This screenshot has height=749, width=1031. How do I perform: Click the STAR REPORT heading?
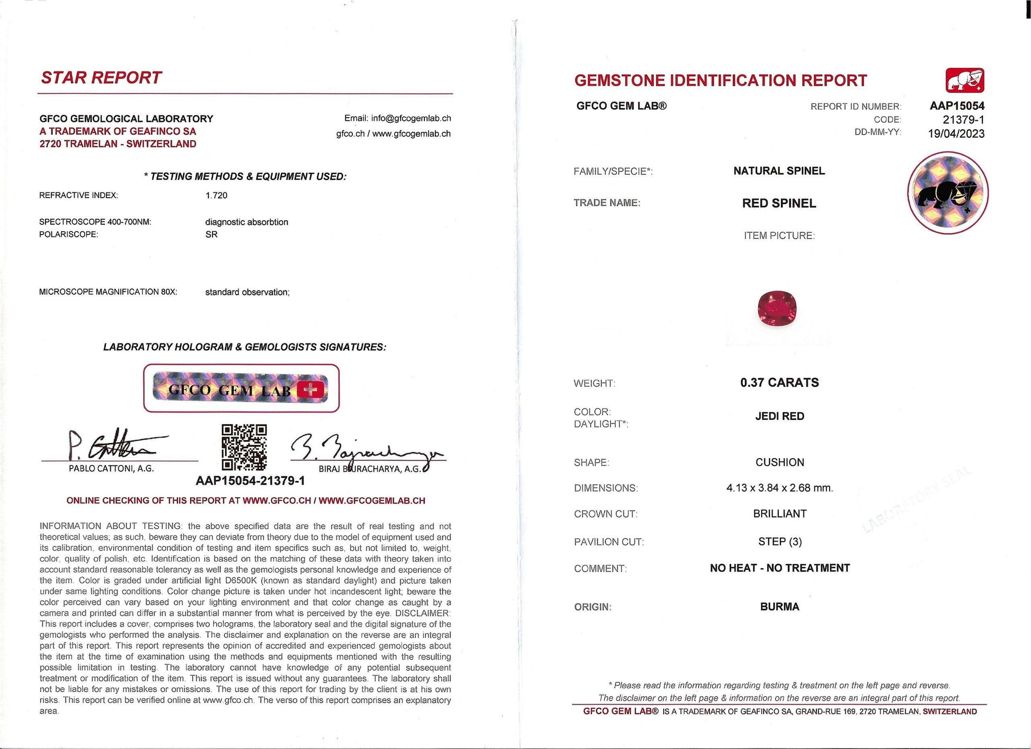pos(101,78)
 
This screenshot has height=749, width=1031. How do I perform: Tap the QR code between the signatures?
pos(244,447)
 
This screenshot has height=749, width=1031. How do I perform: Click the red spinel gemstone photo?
pos(777,308)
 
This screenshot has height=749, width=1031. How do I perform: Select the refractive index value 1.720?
pos(216,196)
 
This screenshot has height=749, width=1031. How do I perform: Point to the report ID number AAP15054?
pos(957,106)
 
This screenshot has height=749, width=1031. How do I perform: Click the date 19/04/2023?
pos(956,134)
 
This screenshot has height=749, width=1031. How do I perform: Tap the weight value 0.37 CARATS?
pos(779,383)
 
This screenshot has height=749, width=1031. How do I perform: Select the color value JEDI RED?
pos(779,417)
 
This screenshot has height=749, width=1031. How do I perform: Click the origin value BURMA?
pos(779,607)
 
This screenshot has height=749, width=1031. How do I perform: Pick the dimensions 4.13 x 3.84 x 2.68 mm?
pos(779,488)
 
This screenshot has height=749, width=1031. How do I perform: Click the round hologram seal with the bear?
pos(948,193)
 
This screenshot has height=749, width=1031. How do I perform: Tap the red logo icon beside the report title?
pos(965,81)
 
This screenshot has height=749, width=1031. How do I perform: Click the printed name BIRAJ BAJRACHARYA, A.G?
pos(370,469)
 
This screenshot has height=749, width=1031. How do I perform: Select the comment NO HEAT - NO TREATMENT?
pos(779,568)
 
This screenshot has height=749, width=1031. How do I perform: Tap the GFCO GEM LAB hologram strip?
pos(241,388)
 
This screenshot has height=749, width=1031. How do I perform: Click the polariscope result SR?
pos(211,234)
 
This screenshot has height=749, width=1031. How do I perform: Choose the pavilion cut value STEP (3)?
pos(780,542)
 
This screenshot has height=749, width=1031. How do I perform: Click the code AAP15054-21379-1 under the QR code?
pos(250,481)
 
